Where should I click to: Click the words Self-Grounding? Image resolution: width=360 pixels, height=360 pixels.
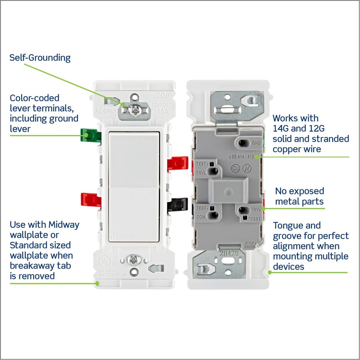pyautogui.click(x=40, y=58)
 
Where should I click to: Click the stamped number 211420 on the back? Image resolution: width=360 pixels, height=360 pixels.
pyautogui.click(x=229, y=252)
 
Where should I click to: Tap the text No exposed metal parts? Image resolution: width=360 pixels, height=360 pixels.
pyautogui.click(x=299, y=196)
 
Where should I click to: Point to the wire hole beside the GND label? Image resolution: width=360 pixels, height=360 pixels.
pyautogui.click(x=243, y=144)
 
